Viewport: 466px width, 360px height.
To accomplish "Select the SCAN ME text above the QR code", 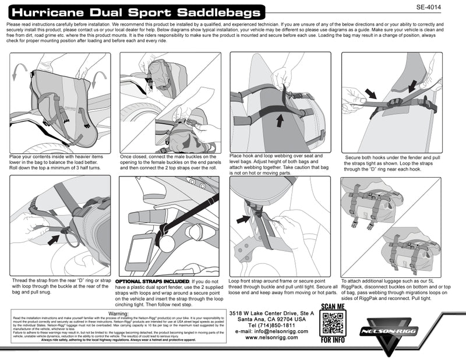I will click(x=334, y=306).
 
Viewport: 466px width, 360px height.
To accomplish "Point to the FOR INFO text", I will click(x=334, y=340).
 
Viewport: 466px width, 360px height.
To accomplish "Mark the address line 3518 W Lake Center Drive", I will click(x=271, y=313).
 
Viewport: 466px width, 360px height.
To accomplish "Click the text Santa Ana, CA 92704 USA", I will click(x=271, y=319).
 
